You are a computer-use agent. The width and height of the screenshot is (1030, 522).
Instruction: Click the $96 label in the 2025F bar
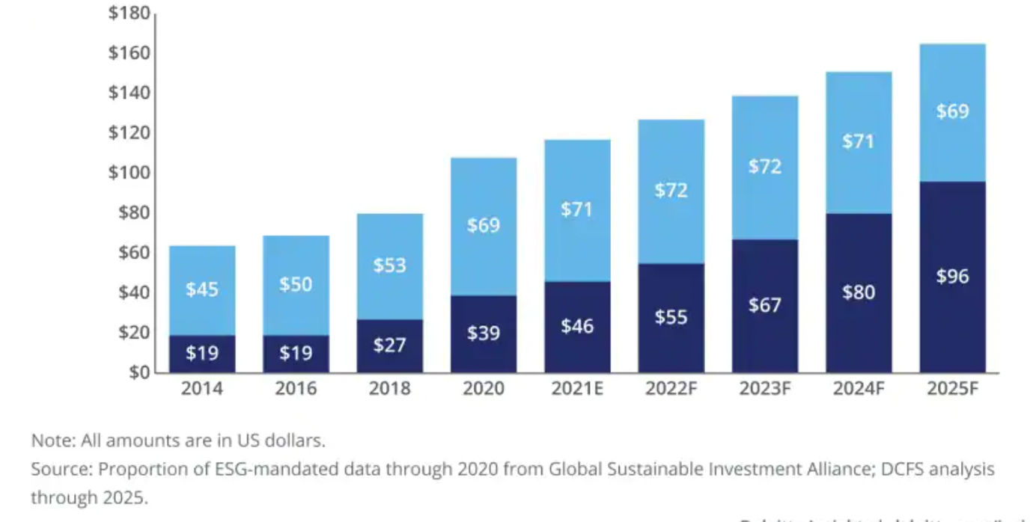point(952,277)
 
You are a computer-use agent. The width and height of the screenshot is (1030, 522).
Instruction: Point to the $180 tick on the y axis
point(129,13)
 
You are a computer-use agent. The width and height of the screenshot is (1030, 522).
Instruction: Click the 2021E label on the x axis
point(577,389)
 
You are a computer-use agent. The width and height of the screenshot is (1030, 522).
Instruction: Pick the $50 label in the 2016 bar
point(296,284)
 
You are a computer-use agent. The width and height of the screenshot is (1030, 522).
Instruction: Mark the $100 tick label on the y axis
point(129,173)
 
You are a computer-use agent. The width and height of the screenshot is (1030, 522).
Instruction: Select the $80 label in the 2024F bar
point(859,292)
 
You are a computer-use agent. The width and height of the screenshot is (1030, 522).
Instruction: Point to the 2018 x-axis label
point(389,389)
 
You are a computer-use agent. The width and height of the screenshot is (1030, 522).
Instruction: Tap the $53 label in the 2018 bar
point(389,265)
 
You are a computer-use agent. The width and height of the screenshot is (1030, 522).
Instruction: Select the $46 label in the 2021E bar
point(577,325)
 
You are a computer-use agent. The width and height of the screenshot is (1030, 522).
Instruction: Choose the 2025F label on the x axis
point(952,389)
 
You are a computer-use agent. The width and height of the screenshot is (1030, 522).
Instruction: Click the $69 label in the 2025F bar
point(952,111)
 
